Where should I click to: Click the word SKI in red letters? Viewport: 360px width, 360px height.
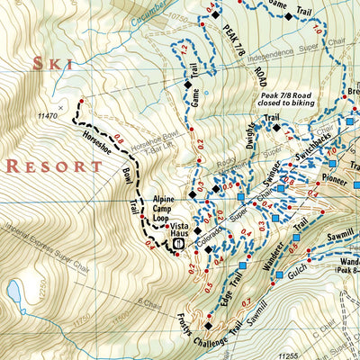pyautogui.click(x=50, y=62)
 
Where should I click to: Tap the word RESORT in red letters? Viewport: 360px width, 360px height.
pyautogui.click(x=54, y=166)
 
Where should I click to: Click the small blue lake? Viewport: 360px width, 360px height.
pyautogui.click(x=15, y=291)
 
